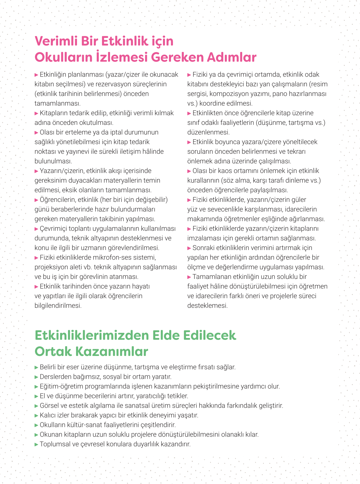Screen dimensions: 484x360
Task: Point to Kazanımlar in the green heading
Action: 112,351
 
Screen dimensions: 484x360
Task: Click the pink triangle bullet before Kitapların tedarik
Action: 37,113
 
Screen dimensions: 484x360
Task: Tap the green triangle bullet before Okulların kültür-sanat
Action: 37,425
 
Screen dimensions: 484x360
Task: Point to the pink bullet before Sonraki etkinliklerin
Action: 189,248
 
